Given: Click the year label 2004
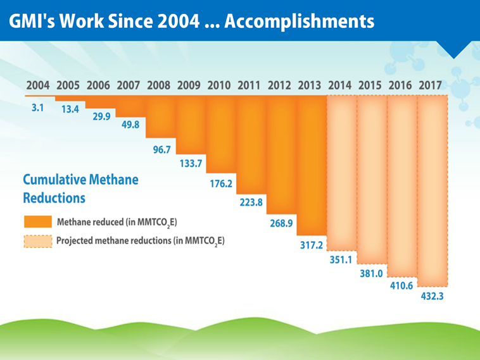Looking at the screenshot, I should pos(37,85).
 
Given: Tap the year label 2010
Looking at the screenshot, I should pos(219,85).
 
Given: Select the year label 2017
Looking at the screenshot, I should pos(431,85).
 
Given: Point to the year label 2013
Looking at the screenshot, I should pos(310,85).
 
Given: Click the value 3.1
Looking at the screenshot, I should pos(38,108).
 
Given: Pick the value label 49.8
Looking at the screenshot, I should pos(130,125).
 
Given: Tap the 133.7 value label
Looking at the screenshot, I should pos(191,163).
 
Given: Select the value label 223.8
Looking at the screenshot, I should pos(251,203).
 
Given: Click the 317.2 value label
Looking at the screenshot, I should pos(312,245).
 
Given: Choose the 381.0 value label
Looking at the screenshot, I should pos(372,274).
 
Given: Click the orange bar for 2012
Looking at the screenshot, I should pos(281,152).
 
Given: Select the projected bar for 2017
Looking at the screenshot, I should pos(433,190).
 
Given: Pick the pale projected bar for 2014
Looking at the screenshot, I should pos(342,171).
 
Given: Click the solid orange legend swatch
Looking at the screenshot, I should pos(37,222).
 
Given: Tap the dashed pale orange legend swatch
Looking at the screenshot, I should pos(37,242).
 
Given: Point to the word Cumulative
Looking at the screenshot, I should pos(54,180).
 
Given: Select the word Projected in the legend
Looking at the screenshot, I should pos(77,241).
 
